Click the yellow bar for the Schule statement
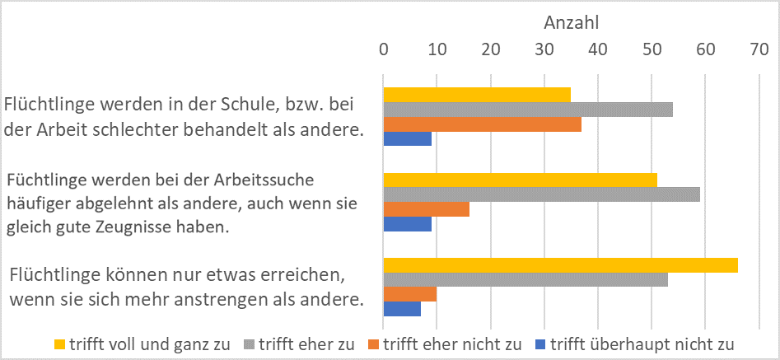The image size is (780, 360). click(477, 94)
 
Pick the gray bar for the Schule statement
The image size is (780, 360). click(528, 109)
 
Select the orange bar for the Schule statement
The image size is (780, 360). click(483, 124)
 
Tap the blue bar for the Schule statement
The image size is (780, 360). click(408, 139)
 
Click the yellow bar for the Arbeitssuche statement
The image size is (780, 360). click(521, 180)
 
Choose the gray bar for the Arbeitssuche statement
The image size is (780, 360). click(542, 194)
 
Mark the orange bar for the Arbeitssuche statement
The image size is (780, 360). click(427, 210)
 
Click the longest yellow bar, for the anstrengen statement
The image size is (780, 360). click(561, 264)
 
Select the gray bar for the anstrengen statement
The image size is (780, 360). click(525, 280)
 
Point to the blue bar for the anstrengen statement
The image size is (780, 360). click(403, 310)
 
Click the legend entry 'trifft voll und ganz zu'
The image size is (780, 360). click(148, 344)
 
